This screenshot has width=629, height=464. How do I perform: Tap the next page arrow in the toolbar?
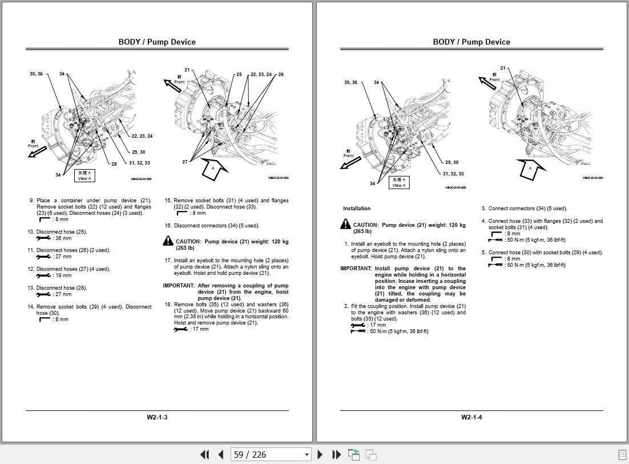coord(320,455)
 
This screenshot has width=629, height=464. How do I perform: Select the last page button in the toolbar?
coord(337,455)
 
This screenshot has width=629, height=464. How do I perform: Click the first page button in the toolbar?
coord(204,455)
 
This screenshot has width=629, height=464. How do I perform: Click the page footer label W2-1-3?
coord(157,417)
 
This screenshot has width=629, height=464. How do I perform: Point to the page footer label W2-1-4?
coord(471,417)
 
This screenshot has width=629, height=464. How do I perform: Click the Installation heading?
coord(357,209)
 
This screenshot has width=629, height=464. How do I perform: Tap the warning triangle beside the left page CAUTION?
coord(168,242)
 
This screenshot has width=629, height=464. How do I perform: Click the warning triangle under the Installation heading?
coord(345,225)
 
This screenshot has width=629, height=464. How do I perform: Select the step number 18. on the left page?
coord(168,305)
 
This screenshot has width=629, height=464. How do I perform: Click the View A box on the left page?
coord(84,175)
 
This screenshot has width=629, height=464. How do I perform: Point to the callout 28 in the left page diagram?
coord(114,164)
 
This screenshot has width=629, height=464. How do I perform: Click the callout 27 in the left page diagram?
coord(185,162)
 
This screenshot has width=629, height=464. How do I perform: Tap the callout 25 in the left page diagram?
coord(239,74)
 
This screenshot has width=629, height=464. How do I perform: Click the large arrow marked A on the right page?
coord(530,169)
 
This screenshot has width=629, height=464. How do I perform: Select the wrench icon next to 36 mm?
coord(43,238)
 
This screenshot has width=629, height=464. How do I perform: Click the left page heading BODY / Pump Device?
coord(157,42)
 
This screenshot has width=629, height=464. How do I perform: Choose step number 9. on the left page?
coord(32,201)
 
